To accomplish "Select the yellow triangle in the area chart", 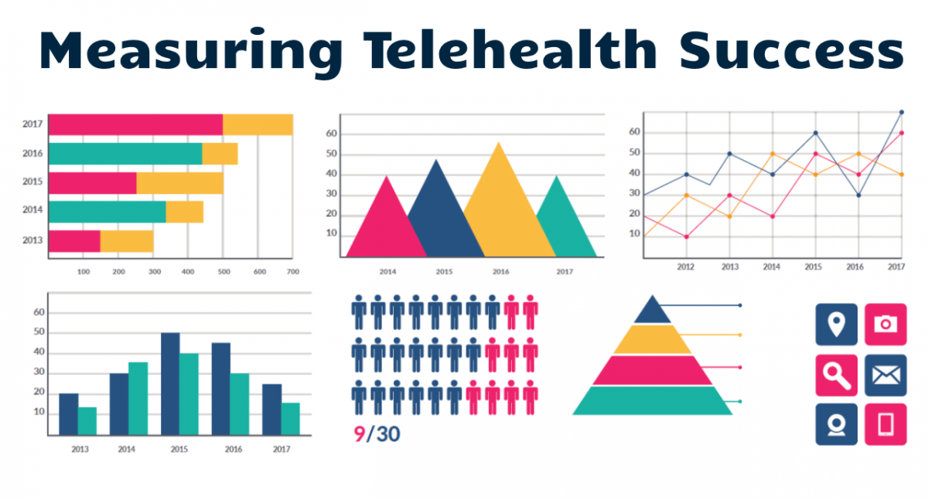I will click(501, 209).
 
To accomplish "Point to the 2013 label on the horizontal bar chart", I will click(32, 240).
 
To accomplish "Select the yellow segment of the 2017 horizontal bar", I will click(258, 124).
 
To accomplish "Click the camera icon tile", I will click(885, 324).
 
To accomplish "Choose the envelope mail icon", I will click(885, 375).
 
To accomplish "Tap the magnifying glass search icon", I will click(836, 375).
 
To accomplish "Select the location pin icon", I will click(836, 324).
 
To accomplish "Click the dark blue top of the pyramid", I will click(652, 311).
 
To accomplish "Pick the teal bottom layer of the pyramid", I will click(652, 400).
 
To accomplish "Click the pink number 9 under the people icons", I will click(359, 434).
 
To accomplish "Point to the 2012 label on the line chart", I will click(685, 267).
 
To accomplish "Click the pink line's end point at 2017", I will click(901, 133).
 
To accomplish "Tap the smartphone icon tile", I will click(885, 424).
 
